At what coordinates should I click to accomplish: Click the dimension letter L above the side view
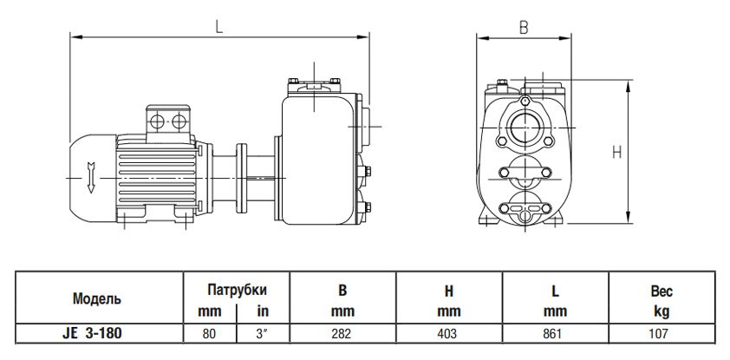click(x=220, y=26)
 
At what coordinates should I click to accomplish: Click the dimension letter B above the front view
click(x=524, y=27)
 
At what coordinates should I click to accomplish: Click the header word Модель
click(x=95, y=298)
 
